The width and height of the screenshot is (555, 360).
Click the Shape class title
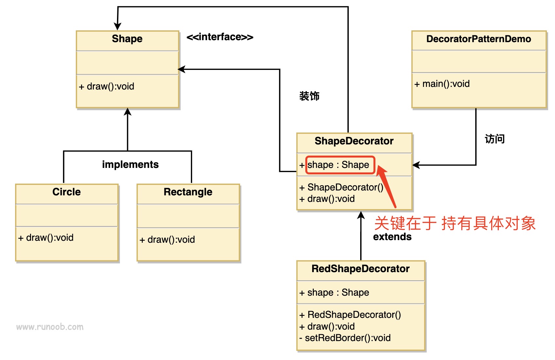pyautogui.click(x=127, y=39)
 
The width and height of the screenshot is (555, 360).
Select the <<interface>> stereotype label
pyautogui.click(x=220, y=37)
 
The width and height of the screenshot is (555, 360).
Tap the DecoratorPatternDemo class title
pyautogui.click(x=479, y=39)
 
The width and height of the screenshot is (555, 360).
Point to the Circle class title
pyautogui.click(x=66, y=192)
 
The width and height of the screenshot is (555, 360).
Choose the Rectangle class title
pyautogui.click(x=188, y=192)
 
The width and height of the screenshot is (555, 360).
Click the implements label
pyautogui.click(x=130, y=164)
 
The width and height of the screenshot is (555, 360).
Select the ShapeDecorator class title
pyautogui.click(x=354, y=141)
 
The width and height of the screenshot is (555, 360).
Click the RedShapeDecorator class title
pyautogui.click(x=361, y=269)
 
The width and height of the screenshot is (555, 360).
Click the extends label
pyautogui.click(x=392, y=237)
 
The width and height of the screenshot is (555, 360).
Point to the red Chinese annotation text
pyautogui.click(x=455, y=223)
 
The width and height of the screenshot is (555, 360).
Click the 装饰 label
pyautogui.click(x=309, y=96)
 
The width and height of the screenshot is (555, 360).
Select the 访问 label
pyautogui.click(x=495, y=139)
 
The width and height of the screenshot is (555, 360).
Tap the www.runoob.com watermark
pyautogui.click(x=50, y=327)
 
